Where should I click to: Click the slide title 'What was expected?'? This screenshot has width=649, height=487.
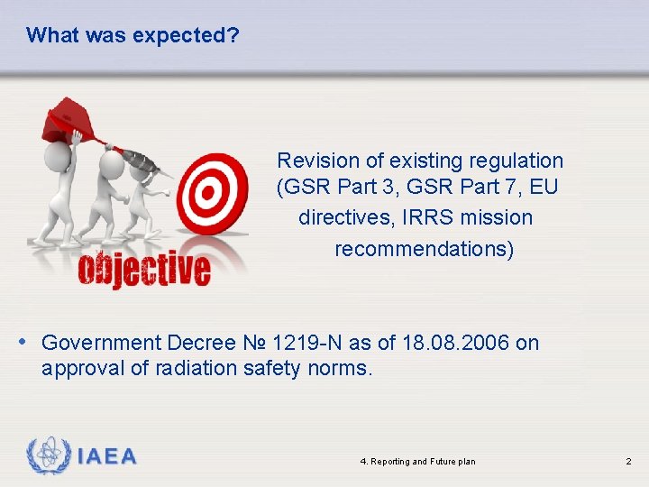click(133, 35)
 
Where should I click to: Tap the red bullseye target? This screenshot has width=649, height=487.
click(212, 192)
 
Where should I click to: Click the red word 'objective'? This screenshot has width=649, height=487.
click(144, 268)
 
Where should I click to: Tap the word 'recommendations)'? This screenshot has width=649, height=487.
click(424, 248)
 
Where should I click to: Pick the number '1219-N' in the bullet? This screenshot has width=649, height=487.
click(306, 343)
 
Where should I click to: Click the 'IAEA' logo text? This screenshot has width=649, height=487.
click(106, 456)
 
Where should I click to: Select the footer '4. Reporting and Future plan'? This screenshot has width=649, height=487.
click(417, 462)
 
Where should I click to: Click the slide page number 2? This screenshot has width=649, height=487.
click(628, 462)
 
